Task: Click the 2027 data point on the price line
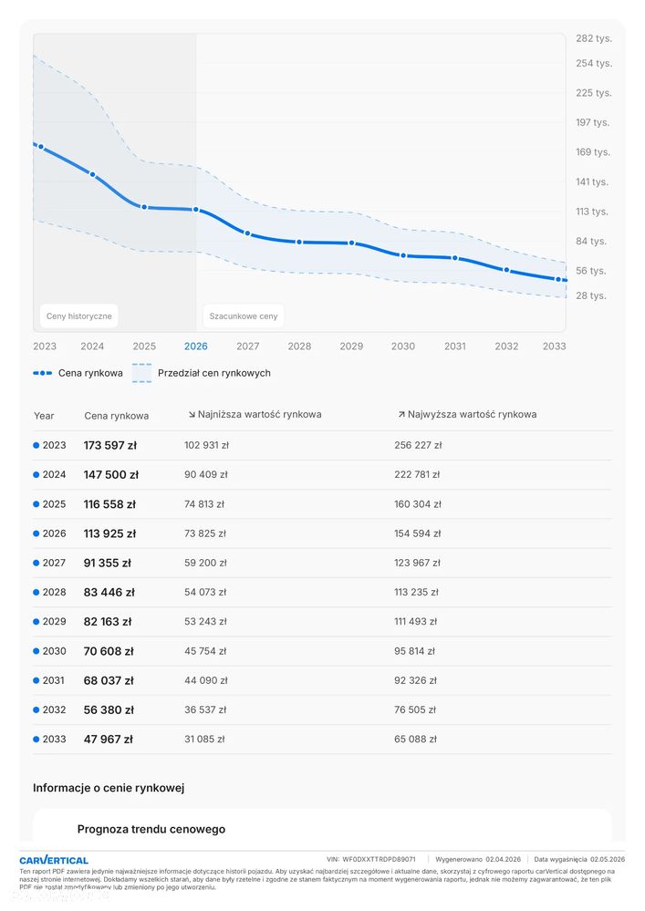pos(247,233)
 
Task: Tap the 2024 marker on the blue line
pos(92,174)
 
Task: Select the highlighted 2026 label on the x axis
pos(195,347)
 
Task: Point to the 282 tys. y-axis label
pos(593,38)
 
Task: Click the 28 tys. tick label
pos(591,296)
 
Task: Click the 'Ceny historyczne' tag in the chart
pos(79,316)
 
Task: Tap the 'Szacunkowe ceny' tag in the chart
pos(243,316)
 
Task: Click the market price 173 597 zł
pos(110,446)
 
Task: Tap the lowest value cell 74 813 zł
pos(204,504)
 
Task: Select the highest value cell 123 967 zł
pos(415,563)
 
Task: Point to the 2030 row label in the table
pos(54,651)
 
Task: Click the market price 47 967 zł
pos(108,740)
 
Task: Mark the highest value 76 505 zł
pos(415,709)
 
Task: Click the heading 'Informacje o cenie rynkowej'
pos(109,788)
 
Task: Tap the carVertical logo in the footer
pos(54,860)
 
